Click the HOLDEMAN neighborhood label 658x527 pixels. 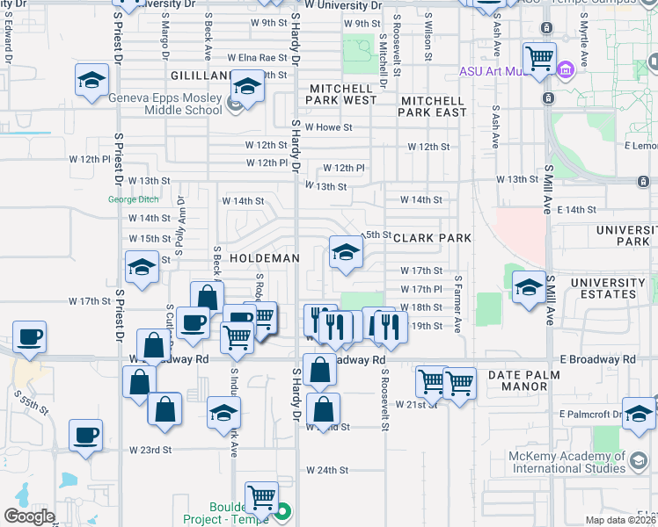click(265, 259)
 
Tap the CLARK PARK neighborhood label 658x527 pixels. click(432, 238)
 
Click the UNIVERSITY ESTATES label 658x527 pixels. click(608, 288)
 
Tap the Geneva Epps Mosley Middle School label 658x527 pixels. click(165, 105)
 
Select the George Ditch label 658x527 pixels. click(134, 199)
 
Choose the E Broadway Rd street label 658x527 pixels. click(597, 360)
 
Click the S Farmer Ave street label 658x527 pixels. click(458, 304)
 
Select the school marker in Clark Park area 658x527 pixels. click(346, 253)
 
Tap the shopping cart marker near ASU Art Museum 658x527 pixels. click(540, 59)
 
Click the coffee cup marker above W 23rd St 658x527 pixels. click(86, 435)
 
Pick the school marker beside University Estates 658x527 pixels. click(529, 286)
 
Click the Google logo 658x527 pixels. click(29, 516)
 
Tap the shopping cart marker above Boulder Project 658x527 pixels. click(261, 497)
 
